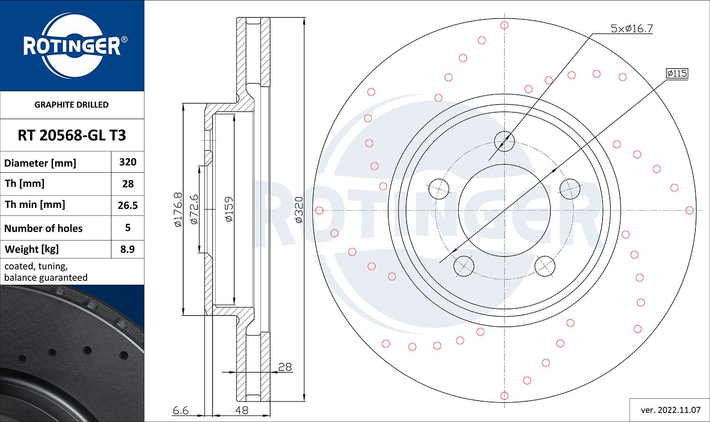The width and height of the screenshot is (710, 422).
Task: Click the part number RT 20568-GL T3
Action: [x=72, y=135]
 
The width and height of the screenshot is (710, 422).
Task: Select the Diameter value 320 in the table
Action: [x=128, y=162]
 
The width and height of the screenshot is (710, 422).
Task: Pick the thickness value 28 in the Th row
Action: [x=128, y=184]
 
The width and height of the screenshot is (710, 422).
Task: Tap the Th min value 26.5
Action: [x=128, y=205]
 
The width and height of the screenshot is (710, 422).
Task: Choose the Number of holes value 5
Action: [x=128, y=227]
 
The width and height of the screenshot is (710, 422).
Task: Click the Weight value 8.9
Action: [x=128, y=249]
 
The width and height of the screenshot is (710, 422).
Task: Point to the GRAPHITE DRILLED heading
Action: [x=71, y=105]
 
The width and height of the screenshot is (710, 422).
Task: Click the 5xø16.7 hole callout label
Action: [x=631, y=28]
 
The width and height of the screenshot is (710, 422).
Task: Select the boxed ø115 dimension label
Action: [x=677, y=73]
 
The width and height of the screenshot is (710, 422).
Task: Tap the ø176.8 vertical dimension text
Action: [x=178, y=209]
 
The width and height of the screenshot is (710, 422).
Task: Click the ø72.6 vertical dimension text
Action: [x=194, y=209]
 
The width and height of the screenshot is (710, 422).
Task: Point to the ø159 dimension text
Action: [x=229, y=209]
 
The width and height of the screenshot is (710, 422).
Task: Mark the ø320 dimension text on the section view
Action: [x=299, y=209]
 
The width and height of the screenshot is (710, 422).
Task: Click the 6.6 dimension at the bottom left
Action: [x=181, y=410]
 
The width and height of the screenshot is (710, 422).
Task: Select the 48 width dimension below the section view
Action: [x=241, y=410]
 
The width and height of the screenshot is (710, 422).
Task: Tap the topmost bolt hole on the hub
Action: [x=504, y=141]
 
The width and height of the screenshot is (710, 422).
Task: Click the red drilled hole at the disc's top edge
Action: [x=505, y=25]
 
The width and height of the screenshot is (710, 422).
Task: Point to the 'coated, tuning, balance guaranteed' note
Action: [x=46, y=272]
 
